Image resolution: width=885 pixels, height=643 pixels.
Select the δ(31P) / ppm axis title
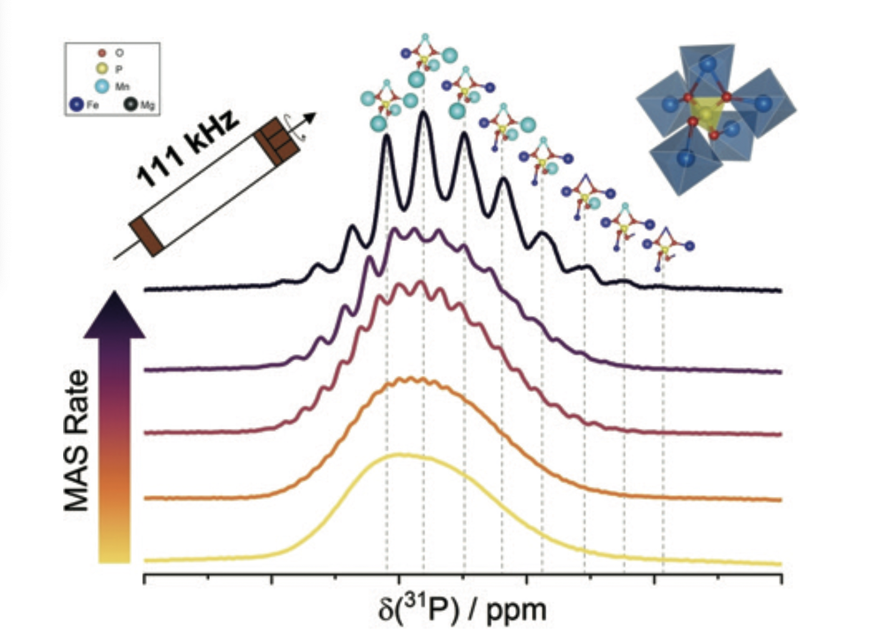click(462, 610)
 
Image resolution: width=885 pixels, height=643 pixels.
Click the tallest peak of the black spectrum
click(424, 113)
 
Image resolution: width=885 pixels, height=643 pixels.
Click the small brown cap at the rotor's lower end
click(146, 237)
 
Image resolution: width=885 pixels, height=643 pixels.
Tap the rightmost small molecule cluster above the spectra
click(667, 246)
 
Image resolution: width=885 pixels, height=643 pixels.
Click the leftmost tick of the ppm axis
click(144, 579)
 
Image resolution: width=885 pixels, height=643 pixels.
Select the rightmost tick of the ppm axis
click(781, 579)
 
